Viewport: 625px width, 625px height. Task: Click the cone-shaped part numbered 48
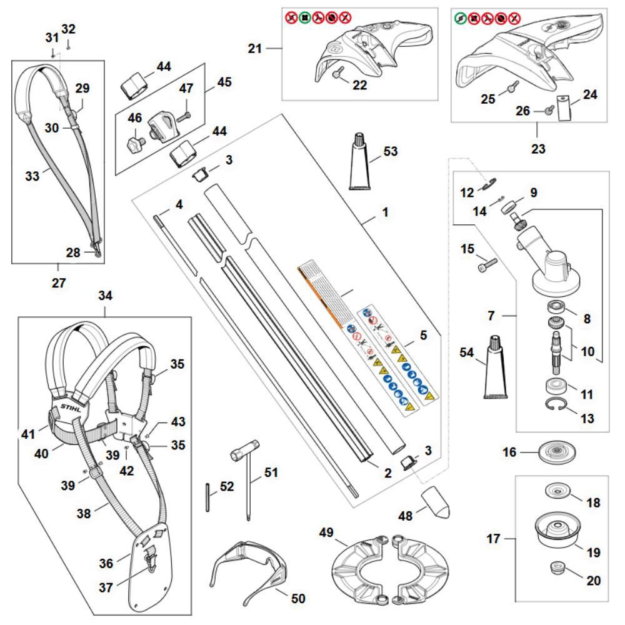(x=436, y=502)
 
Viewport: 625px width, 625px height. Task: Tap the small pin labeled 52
(x=207, y=497)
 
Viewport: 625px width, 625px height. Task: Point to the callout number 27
(x=58, y=282)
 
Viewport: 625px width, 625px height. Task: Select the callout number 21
(x=254, y=47)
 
